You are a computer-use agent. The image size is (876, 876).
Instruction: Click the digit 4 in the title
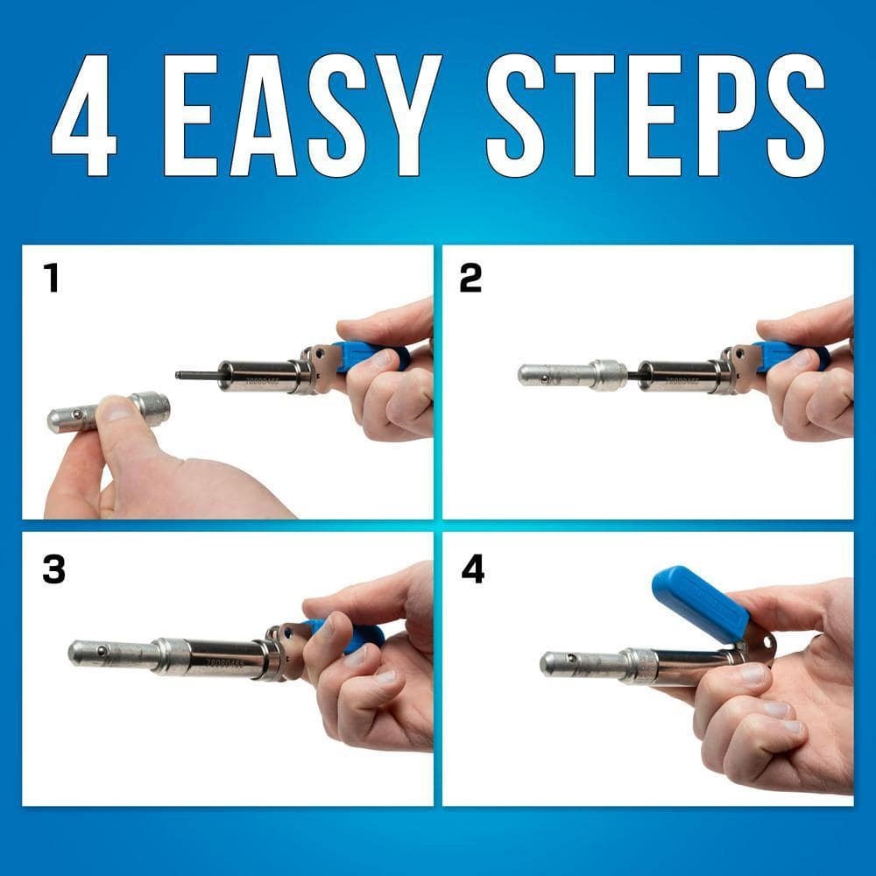[x=85, y=114]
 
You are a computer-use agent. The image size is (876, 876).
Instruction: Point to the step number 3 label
[x=53, y=569]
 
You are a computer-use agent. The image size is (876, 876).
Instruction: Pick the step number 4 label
[x=473, y=569]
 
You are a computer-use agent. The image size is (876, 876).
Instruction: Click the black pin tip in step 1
[x=180, y=375]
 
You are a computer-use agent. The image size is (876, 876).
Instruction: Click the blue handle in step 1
[x=372, y=354]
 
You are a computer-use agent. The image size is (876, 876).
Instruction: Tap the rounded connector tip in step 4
[x=550, y=664]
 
